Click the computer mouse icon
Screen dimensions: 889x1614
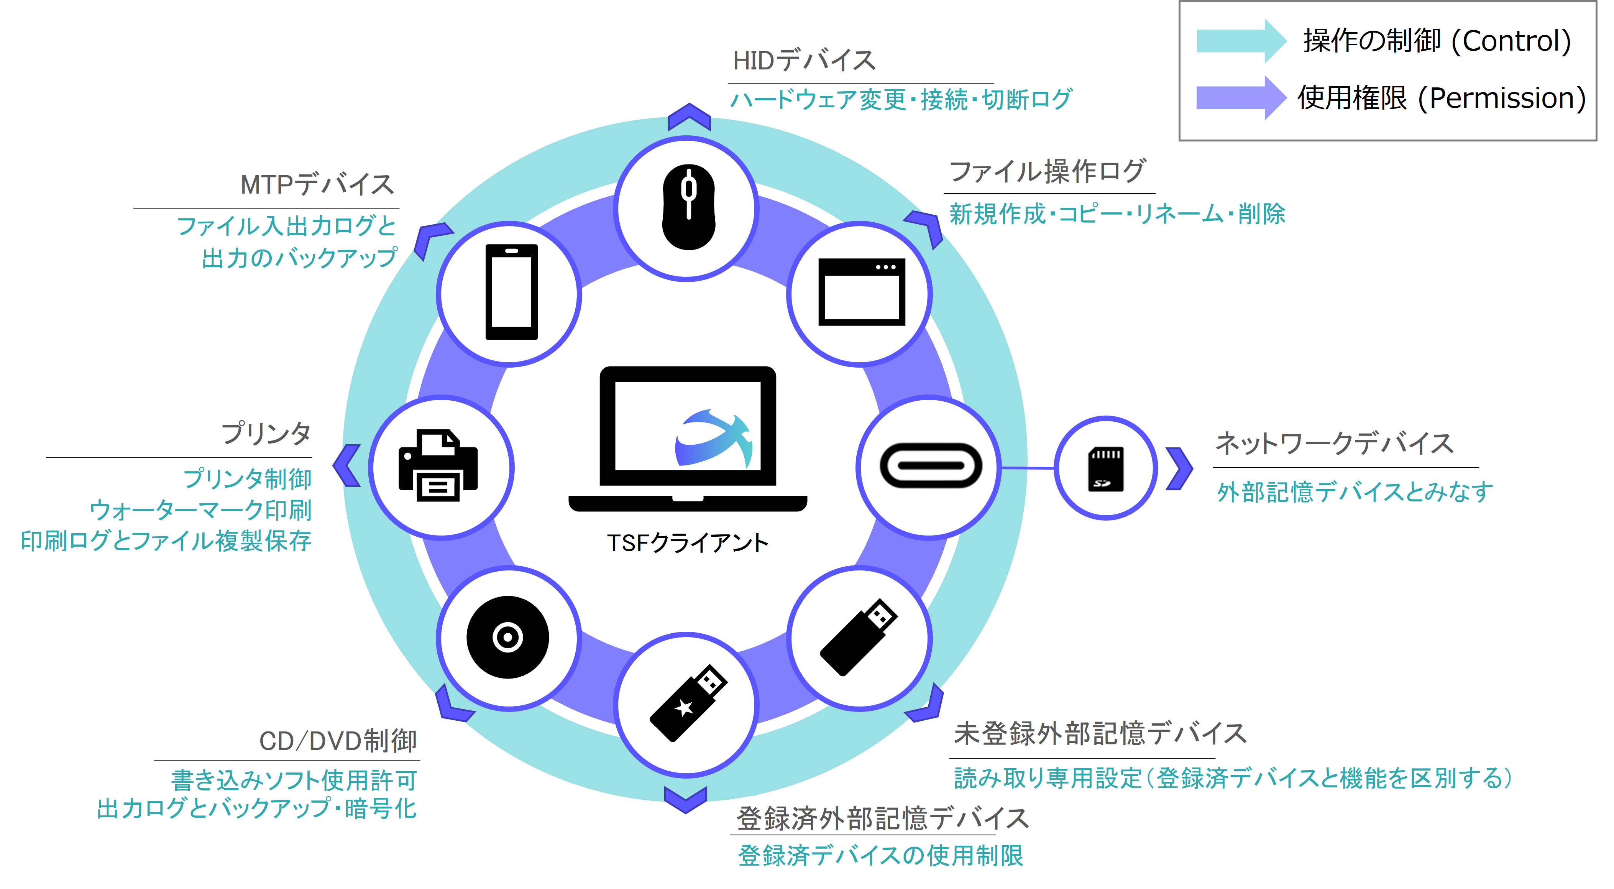(689, 207)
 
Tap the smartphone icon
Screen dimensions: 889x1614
(511, 292)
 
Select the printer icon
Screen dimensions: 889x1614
(438, 465)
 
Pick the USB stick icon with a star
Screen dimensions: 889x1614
(688, 703)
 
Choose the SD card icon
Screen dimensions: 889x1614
(1106, 468)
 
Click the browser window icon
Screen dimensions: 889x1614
(862, 292)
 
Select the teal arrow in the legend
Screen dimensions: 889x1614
(1241, 41)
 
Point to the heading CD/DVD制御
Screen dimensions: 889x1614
(338, 741)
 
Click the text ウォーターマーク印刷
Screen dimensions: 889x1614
(200, 510)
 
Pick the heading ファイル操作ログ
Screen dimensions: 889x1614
(1048, 171)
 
